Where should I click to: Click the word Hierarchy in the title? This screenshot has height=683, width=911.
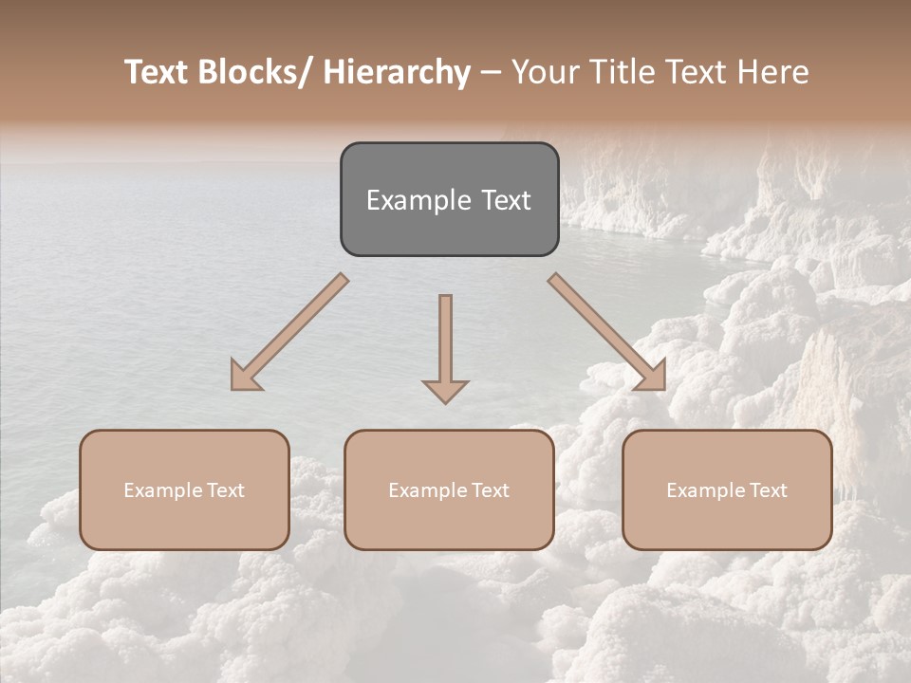(x=397, y=72)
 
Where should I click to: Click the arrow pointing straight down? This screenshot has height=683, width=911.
(x=445, y=341)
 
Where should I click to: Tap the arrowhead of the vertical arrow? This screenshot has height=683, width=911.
(x=445, y=390)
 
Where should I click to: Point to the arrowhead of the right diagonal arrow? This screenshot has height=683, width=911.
(x=653, y=377)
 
